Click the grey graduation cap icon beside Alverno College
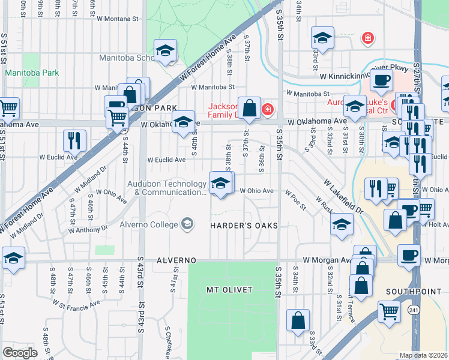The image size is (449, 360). tap(187, 224)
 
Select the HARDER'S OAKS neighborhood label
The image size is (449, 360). tap(244, 225)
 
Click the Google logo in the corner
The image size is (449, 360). tap(20, 353)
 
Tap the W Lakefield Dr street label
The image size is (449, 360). tap(343, 196)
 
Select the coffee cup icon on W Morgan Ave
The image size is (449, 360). tap(408, 255)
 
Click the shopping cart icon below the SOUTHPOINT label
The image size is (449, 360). tap(389, 313)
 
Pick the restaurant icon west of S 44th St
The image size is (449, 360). tap(75, 140)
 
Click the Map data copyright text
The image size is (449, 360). tap(423, 355)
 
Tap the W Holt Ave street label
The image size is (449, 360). tap(438, 225)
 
